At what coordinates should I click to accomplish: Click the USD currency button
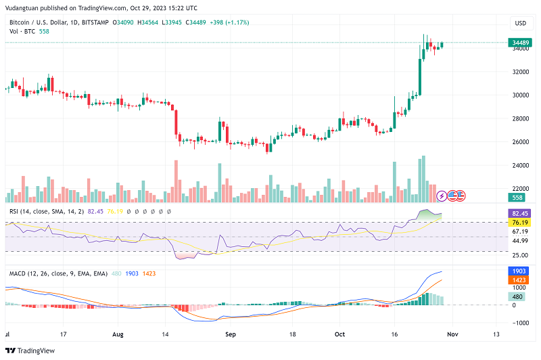520,23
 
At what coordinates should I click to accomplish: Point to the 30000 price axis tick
520,95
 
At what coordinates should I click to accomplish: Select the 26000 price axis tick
520,142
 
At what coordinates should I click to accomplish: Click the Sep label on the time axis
231,334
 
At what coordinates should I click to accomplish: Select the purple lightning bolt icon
442,196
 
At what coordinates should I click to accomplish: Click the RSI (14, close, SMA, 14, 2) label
47,212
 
